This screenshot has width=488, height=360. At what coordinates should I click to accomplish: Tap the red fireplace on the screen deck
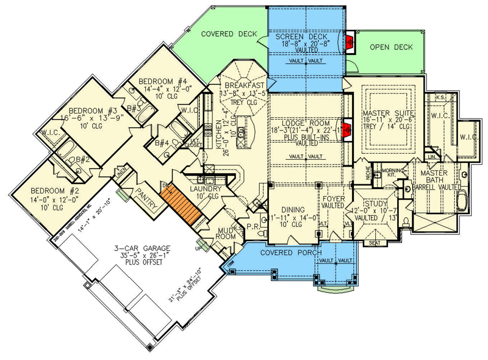click(x=350, y=42)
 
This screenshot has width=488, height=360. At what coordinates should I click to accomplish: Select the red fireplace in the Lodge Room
click(x=347, y=129)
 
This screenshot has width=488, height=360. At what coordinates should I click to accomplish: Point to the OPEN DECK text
click(x=391, y=47)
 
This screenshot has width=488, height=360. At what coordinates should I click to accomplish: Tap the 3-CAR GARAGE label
click(x=141, y=248)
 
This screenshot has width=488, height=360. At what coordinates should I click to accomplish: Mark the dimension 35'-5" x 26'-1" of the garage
click(x=142, y=256)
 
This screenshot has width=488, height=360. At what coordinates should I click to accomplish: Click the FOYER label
click(x=334, y=199)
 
